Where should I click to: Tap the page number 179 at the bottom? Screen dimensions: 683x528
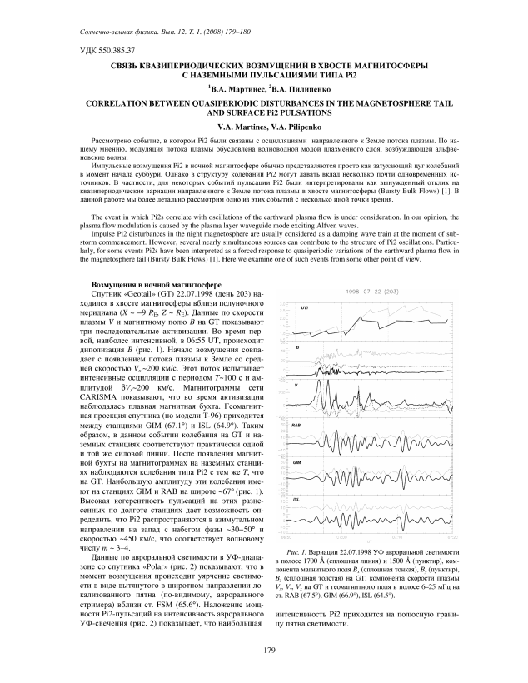click(263, 650)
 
